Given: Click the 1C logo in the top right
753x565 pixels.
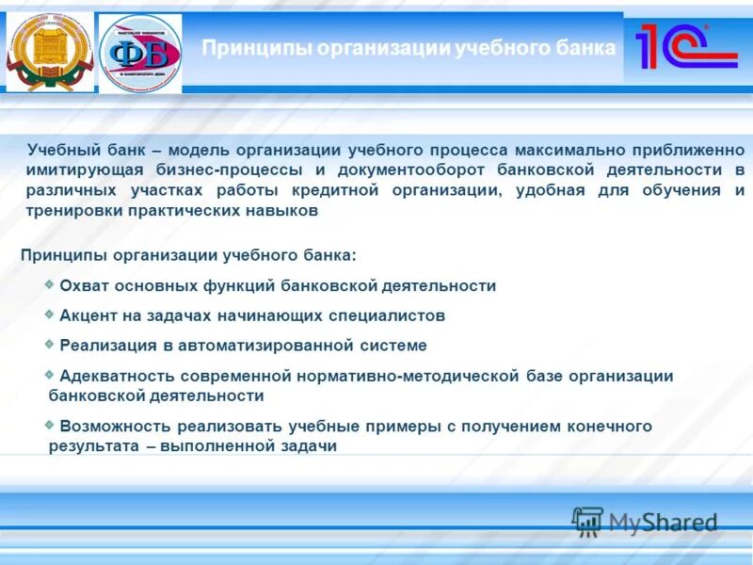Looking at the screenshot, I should pyautogui.click(x=685, y=46).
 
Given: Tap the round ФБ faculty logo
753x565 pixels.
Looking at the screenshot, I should pyautogui.click(x=140, y=53).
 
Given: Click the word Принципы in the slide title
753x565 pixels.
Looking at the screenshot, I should pyautogui.click(x=257, y=48).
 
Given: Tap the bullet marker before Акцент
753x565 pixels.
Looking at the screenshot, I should pyautogui.click(x=49, y=313).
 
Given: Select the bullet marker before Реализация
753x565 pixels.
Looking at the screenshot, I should pyautogui.click(x=49, y=343).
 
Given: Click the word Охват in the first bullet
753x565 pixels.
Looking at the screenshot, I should pyautogui.click(x=87, y=285).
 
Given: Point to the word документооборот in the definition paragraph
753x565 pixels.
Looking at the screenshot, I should pyautogui.click(x=408, y=170).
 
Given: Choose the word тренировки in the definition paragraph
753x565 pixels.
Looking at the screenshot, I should pyautogui.click(x=71, y=211).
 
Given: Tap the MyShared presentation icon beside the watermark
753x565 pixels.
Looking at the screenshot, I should pyautogui.click(x=587, y=522).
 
